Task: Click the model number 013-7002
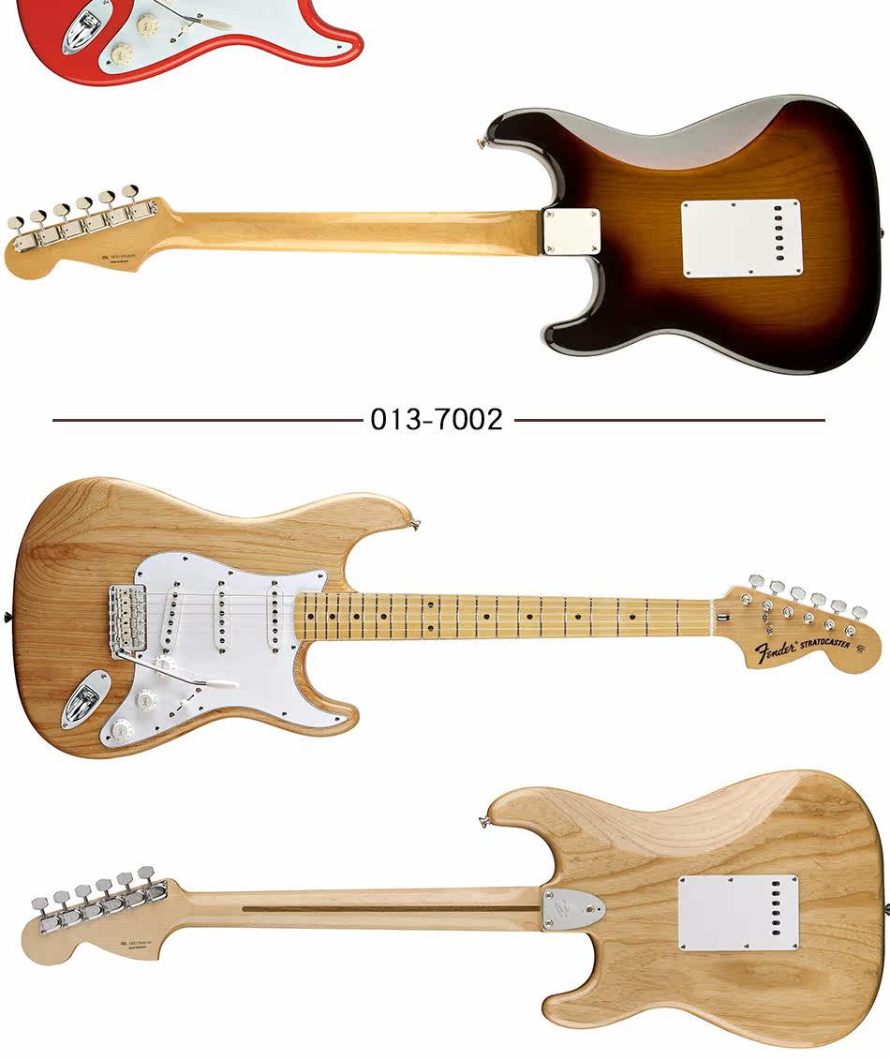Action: coord(437,419)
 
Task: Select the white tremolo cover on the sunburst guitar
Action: coord(742,238)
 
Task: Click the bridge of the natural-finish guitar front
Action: coord(132,620)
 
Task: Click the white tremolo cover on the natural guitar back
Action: coord(738,913)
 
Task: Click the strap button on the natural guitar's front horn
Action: coord(413,522)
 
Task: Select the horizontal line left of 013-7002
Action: coord(206,420)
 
